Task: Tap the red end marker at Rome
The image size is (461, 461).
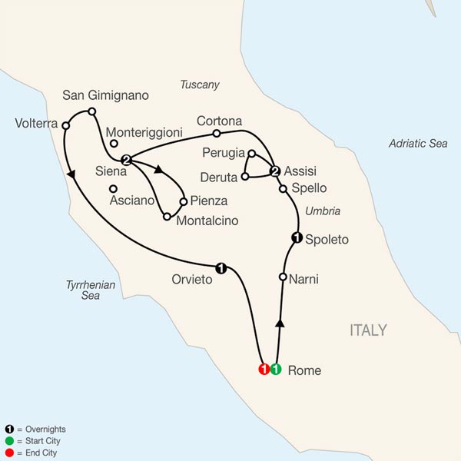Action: [264, 370]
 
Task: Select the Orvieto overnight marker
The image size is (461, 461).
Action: [221, 268]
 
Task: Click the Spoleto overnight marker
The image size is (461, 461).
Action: [296, 238]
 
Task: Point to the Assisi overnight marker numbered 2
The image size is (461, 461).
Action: [274, 171]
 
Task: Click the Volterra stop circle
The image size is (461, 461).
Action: [66, 125]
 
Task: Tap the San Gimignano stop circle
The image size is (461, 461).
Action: [92, 111]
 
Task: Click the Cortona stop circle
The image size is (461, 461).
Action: [217, 133]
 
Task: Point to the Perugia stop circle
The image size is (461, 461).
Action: [252, 153]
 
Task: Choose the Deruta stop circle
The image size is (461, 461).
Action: [244, 177]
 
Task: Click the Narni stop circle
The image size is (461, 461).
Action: [284, 277]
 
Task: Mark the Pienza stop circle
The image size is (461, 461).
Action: [183, 202]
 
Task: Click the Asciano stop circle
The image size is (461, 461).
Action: [113, 188]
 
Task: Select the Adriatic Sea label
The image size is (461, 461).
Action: [417, 143]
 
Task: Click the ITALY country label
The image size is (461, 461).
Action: [368, 330]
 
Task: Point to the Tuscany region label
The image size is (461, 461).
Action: [199, 85]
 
